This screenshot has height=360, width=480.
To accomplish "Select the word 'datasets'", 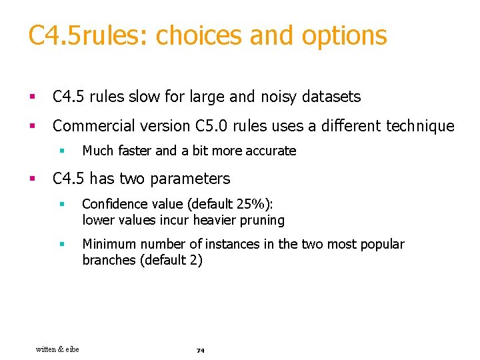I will click(331, 97).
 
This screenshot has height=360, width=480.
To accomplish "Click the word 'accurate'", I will click(270, 151).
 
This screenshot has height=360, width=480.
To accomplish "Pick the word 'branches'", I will click(109, 260).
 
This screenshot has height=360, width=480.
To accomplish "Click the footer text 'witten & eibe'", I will click(57, 349).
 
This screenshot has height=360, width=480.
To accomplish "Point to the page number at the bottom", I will click(200, 350).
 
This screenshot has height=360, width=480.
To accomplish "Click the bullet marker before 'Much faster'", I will click(61, 151).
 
